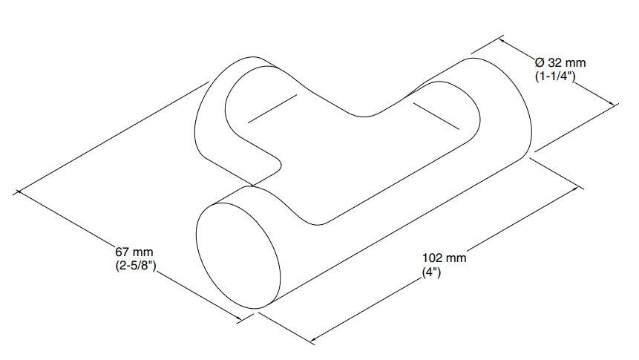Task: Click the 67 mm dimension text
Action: (134, 252)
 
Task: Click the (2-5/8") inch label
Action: (136, 266)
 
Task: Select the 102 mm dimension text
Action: (445, 258)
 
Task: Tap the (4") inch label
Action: (432, 272)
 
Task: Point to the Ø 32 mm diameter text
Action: (560, 63)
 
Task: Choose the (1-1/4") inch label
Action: (555, 76)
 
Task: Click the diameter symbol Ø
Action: (540, 63)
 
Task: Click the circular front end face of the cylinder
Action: (238, 255)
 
